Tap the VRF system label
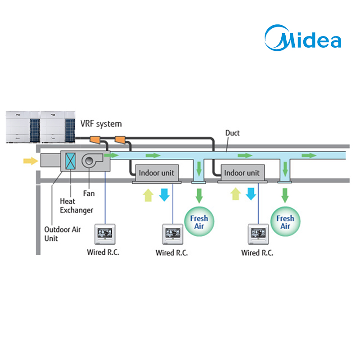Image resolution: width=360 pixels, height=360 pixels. coord(101,123)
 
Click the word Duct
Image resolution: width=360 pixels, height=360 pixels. coord(233,133)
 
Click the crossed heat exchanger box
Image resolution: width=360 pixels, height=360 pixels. coord(71,161)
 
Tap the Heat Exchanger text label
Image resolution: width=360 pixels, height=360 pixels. coord(76,206)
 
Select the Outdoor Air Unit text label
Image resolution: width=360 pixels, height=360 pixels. coord(63,234)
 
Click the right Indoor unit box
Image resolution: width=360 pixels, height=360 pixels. coord(242,173)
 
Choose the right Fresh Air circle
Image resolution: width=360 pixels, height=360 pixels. coord(285,222)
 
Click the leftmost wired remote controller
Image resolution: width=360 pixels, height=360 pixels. coord(105,234)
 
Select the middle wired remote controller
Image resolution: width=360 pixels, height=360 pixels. coord(172,234)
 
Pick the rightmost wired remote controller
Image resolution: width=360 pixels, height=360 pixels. coord(257,234)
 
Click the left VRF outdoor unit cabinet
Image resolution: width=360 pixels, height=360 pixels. coord(22,126)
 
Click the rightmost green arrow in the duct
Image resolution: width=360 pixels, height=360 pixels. coord(309,155)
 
